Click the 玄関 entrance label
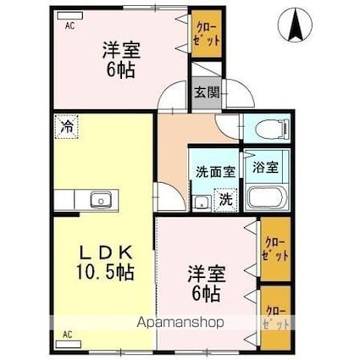pyautogui.click(x=203, y=92)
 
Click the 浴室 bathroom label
pyautogui.click(x=265, y=168)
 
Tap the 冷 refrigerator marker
pyautogui.click(x=65, y=128)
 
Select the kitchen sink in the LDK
pyautogui.click(x=101, y=200)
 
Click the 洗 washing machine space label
pyautogui.click(x=225, y=200)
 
